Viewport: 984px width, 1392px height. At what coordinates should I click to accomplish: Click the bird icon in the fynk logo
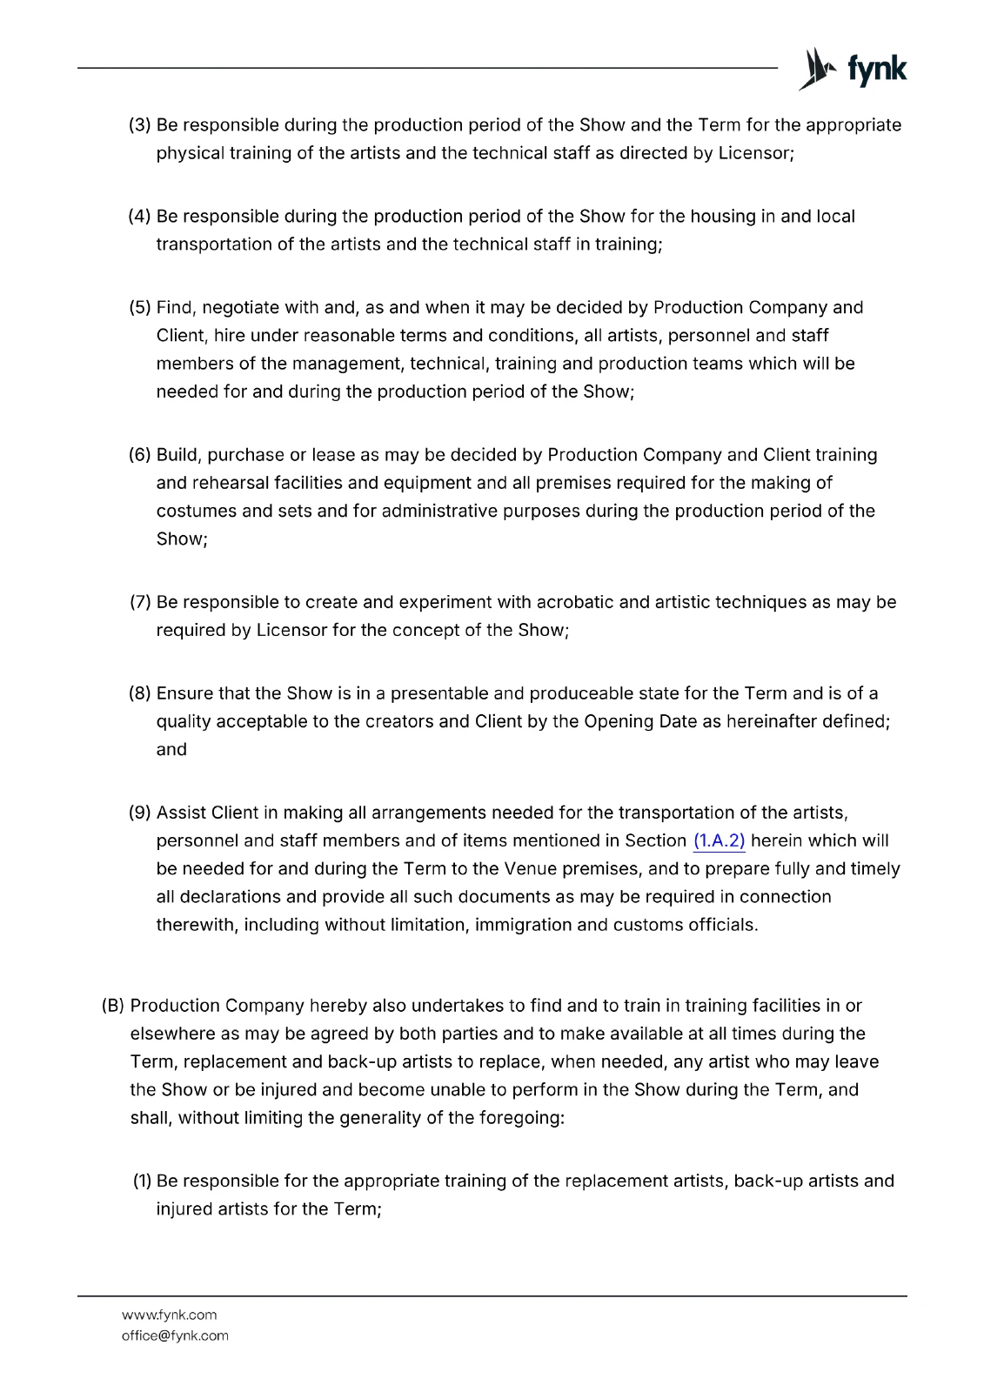pos(815,69)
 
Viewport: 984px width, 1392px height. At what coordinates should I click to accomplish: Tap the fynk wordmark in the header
pos(876,70)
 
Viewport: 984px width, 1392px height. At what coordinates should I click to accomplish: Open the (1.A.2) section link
pos(720,840)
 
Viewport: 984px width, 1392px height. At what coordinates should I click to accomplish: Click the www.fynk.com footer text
pos(169,1315)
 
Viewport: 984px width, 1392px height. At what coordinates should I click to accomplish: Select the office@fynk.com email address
pos(175,1335)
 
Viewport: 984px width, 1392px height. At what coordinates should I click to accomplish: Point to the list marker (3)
pos(140,125)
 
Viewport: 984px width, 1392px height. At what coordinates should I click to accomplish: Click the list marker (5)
pos(140,308)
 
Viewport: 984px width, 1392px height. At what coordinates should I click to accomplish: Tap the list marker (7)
pos(140,603)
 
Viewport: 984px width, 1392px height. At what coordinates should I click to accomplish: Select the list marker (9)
pos(140,813)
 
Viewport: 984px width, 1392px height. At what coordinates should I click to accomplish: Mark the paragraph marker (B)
pos(113,1007)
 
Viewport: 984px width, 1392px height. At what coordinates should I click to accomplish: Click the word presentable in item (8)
pos(439,694)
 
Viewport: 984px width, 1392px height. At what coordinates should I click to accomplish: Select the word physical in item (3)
pos(190,153)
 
